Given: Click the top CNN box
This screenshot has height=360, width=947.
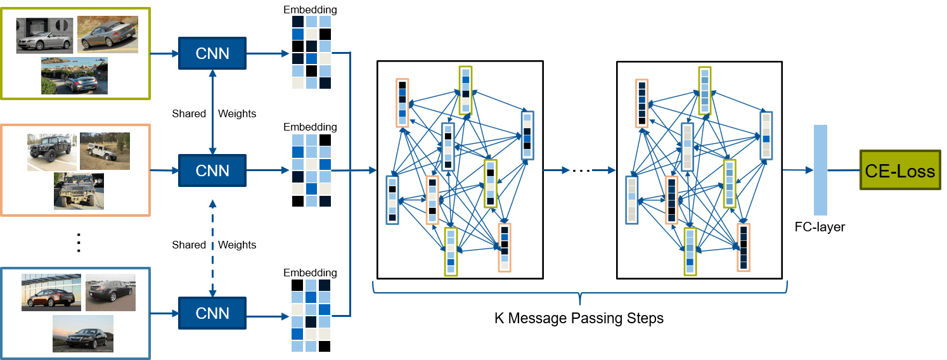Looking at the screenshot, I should (213, 53).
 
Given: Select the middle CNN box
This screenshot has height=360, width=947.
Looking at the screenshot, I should (213, 170).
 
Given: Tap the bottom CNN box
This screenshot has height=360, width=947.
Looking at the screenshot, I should (213, 313).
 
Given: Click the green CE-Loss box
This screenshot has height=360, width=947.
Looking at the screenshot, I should (900, 170).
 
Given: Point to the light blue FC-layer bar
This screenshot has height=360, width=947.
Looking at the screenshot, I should (820, 170).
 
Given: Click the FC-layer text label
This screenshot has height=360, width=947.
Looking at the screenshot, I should (820, 227).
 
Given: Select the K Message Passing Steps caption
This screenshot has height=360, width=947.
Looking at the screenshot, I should (579, 318).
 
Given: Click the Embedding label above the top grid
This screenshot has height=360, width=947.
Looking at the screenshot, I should (311, 10).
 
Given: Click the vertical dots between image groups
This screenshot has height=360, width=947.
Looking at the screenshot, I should (79, 243).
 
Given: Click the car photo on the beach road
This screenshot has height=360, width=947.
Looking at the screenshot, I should (74, 76).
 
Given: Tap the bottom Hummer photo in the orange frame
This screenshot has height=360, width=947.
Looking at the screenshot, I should (79, 191).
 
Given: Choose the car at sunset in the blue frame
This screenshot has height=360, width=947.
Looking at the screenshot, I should (83, 333).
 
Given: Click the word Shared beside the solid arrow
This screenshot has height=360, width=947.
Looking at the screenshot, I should (189, 114).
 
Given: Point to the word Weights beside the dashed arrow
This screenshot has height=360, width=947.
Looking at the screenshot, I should (237, 245).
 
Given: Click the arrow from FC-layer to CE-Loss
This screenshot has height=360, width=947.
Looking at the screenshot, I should (844, 170).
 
